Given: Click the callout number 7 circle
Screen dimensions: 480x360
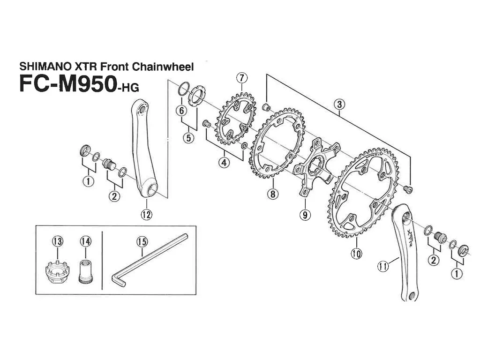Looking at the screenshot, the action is coord(242,78).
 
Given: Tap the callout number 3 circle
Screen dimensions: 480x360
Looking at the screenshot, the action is coord(339,104).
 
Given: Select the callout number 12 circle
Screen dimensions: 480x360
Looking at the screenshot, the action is coord(146,215).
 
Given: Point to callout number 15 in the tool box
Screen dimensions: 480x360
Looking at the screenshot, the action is coord(142,242).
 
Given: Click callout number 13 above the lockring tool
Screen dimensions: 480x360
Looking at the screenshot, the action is coord(58,241).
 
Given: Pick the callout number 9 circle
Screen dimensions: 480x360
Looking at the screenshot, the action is coord(305,215).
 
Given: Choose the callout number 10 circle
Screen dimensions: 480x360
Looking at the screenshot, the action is coord(356,254).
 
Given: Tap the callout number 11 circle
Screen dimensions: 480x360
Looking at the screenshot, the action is coord(383,266).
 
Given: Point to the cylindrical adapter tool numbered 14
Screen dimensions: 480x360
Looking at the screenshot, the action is coord(86,271).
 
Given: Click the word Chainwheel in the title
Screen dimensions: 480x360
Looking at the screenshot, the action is coord(163,67).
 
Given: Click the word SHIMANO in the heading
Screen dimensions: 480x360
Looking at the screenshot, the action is coord(44,67).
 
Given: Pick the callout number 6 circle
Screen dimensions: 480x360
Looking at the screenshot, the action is coord(181,110).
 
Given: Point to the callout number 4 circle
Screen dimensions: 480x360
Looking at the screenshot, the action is coord(224,162).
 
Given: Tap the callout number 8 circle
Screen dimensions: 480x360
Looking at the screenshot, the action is coord(272,194).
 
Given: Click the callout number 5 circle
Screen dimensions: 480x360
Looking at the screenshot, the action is coord(188,138).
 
